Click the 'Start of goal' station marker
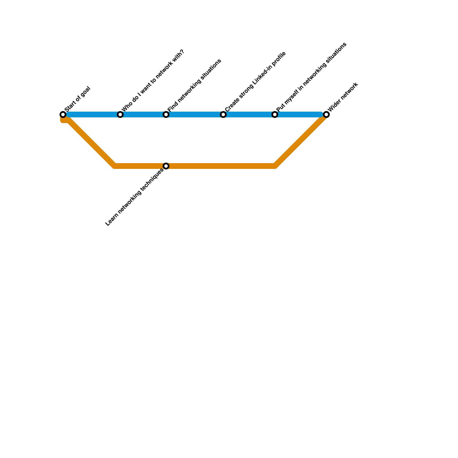(63, 114)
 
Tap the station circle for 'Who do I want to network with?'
(120, 114)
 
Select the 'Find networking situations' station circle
(166, 114)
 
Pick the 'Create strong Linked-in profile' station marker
(223, 114)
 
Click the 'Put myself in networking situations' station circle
(275, 114)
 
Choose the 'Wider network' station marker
(326, 114)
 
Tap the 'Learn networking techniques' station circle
(166, 166)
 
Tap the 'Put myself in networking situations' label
(311, 77)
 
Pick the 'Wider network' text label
(343, 97)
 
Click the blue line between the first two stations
(92, 114)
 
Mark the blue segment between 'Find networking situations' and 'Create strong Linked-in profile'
(195, 114)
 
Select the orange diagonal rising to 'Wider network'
(301, 140)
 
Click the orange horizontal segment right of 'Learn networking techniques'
(220, 166)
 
